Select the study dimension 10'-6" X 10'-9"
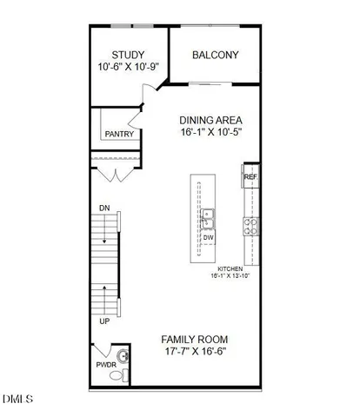coord(127,67)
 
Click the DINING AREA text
coord(210,121)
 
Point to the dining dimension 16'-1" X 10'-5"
coord(210,133)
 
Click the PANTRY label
coord(118,135)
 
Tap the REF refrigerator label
coord(250,177)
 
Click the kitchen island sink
coord(209,216)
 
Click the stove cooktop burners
coord(250,227)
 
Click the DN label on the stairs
coord(104,208)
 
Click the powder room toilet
coord(123,376)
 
